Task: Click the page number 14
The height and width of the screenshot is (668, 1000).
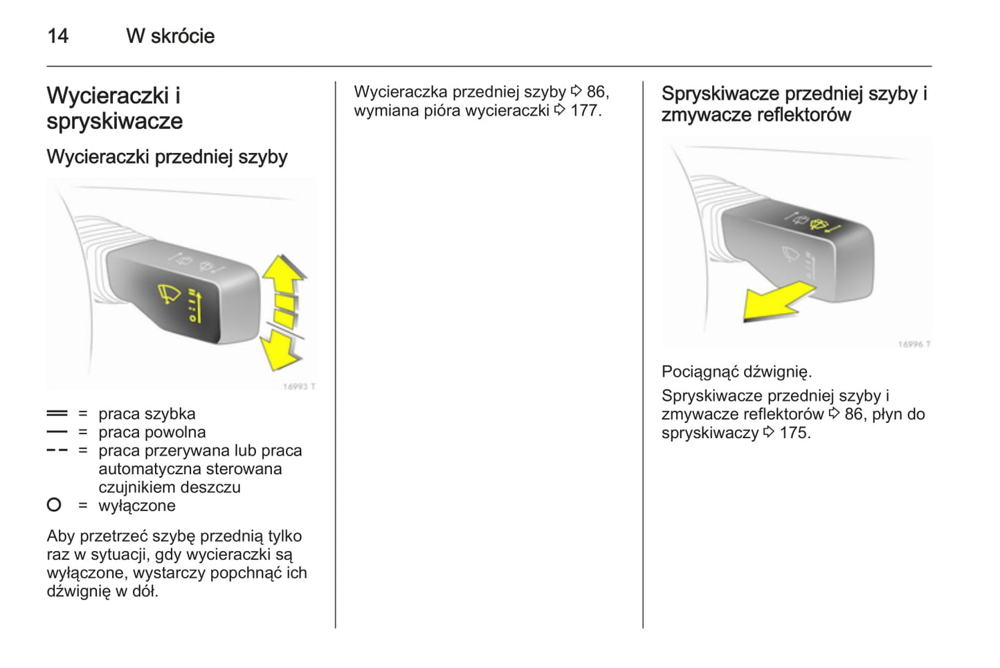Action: click(57, 36)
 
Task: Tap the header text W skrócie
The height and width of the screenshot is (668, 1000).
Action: click(170, 36)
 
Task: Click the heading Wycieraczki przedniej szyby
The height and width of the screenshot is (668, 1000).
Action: click(167, 157)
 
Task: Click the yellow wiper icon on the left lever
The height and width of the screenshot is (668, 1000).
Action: click(168, 294)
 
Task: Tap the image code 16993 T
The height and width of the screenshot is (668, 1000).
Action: click(299, 386)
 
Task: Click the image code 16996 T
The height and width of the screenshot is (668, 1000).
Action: click(913, 344)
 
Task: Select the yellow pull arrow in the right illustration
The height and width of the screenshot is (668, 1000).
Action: click(775, 302)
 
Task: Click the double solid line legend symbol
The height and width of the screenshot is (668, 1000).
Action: click(57, 413)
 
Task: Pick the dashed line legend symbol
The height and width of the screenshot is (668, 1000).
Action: click(57, 450)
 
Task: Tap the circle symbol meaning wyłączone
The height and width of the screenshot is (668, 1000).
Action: click(54, 505)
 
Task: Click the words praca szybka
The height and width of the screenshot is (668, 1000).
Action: click(147, 414)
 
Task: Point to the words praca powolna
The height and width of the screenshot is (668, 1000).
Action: click(152, 432)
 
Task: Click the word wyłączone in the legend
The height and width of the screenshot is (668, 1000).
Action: click(136, 505)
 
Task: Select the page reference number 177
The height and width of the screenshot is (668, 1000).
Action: click(585, 111)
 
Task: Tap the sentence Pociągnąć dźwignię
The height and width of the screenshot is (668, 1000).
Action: click(736, 372)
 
